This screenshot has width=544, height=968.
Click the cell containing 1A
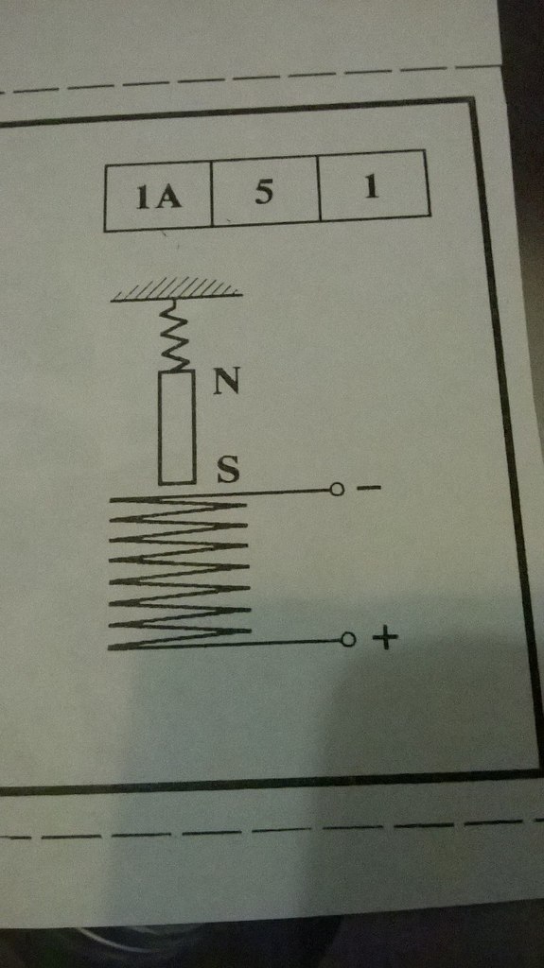click(x=158, y=195)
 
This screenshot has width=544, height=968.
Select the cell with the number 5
click(x=266, y=191)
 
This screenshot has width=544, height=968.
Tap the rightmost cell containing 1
click(x=374, y=185)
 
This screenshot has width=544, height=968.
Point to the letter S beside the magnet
click(x=227, y=471)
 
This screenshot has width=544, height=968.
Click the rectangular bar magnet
click(x=178, y=428)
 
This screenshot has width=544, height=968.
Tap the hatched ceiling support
click(x=176, y=289)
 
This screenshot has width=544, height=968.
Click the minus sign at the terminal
click(x=369, y=489)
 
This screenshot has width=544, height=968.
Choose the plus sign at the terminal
click(x=384, y=639)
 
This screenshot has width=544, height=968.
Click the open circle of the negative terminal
click(x=337, y=491)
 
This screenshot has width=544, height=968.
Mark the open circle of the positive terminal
click(x=348, y=640)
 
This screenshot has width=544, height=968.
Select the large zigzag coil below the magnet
click(x=179, y=571)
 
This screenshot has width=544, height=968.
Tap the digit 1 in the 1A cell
click(x=144, y=199)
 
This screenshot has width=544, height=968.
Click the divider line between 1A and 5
click(x=211, y=193)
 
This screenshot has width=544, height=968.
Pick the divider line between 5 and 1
click(x=320, y=187)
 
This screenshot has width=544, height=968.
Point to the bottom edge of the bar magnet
click(x=178, y=483)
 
